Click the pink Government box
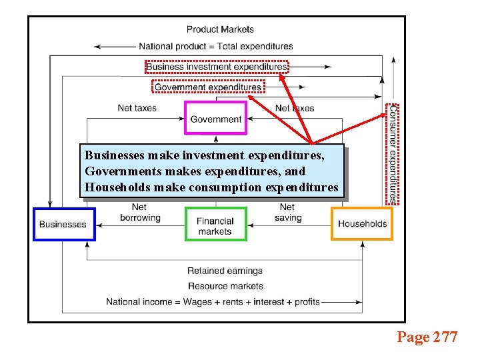pyautogui.click(x=215, y=119)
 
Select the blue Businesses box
pyautogui.click(x=63, y=224)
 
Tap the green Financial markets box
pyautogui.click(x=215, y=225)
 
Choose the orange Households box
pyautogui.click(x=362, y=223)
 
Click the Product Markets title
pyautogui.click(x=220, y=29)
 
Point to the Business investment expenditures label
pyautogui.click(x=217, y=67)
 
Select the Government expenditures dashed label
pyautogui.click(x=208, y=87)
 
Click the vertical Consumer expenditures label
pyautogui.click(x=393, y=153)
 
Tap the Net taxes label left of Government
pyautogui.click(x=137, y=108)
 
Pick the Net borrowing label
pyautogui.click(x=140, y=213)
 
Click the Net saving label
pyautogui.click(x=288, y=213)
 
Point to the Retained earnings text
pyautogui.click(x=225, y=271)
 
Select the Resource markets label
pyautogui.click(x=225, y=286)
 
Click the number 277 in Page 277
pyautogui.click(x=445, y=337)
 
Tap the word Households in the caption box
pyautogui.click(x=117, y=187)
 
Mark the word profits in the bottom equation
pyautogui.click(x=307, y=302)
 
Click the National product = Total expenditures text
pyautogui.click(x=216, y=47)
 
